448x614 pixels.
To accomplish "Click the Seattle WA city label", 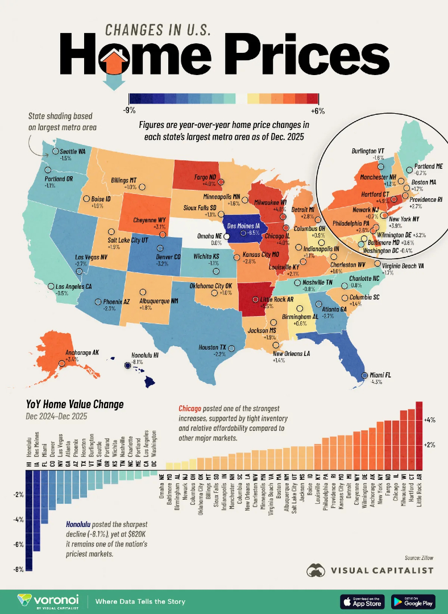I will tap(73, 151).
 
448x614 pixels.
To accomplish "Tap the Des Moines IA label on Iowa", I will tap(245, 225).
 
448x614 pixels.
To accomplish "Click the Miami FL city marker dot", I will tap(365, 376).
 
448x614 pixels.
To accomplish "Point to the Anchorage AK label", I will tap(80, 353).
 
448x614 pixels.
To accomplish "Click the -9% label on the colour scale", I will tap(130, 110).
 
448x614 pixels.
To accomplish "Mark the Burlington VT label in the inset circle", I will tap(368, 152).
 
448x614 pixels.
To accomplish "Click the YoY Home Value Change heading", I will tap(74, 405).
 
